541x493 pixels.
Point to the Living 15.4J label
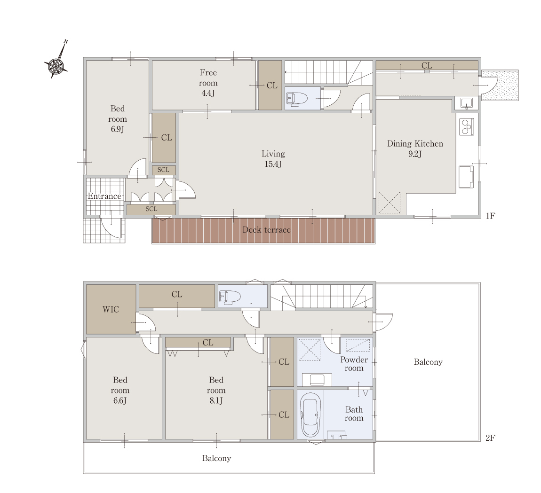(x=273, y=159)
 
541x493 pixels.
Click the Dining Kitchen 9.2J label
(x=415, y=149)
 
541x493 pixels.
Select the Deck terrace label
(x=266, y=230)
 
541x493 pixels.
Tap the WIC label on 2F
(x=111, y=309)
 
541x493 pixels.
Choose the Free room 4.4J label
(x=208, y=83)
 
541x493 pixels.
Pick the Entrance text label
(x=104, y=196)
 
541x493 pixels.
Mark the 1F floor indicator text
(x=490, y=216)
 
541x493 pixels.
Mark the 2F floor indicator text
(x=490, y=438)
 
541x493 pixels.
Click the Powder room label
(x=354, y=364)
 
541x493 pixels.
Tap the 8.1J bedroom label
(x=216, y=390)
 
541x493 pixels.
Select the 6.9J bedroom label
(x=118, y=119)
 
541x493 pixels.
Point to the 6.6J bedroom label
(x=120, y=390)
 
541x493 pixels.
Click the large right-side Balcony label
(x=428, y=362)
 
